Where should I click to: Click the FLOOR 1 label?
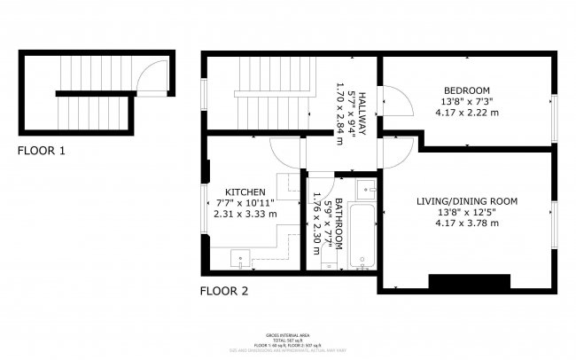(x=42, y=152)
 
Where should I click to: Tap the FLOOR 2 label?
(x=224, y=291)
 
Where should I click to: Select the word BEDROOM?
(x=467, y=90)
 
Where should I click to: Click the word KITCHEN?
(x=245, y=192)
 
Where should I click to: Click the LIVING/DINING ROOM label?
(x=467, y=201)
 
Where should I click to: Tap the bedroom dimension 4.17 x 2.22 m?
(x=467, y=113)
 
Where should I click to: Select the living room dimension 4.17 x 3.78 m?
(x=467, y=223)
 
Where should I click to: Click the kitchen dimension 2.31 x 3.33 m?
(x=245, y=214)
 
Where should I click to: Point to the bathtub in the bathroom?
(x=362, y=235)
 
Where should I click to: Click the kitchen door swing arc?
(x=285, y=154)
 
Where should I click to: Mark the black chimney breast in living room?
(x=469, y=282)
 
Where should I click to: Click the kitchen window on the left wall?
(x=204, y=207)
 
